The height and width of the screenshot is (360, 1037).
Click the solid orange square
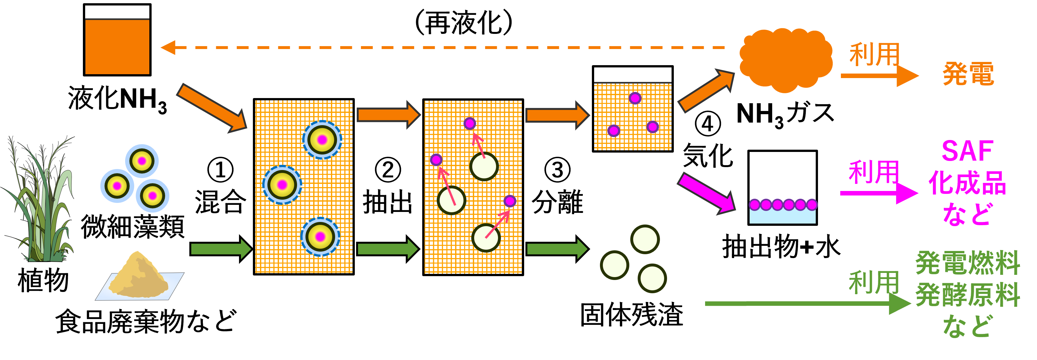click(x=117, y=47)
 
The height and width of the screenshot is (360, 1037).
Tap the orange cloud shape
click(x=785, y=60)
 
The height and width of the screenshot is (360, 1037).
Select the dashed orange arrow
click(x=443, y=47)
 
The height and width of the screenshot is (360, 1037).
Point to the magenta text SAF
click(x=967, y=151)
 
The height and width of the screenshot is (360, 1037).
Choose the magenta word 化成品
click(x=967, y=183)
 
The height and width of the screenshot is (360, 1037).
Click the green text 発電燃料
click(x=967, y=263)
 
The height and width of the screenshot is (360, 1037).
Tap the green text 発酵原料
click(x=967, y=295)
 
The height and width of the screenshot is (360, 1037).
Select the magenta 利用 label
click(x=873, y=172)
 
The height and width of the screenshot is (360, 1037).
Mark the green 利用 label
click(x=873, y=282)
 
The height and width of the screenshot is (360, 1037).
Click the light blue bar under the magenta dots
click(x=782, y=217)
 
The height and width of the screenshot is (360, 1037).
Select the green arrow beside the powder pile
click(x=221, y=249)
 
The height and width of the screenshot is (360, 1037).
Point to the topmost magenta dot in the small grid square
click(x=635, y=98)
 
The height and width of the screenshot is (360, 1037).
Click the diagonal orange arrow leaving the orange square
click(x=211, y=108)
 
